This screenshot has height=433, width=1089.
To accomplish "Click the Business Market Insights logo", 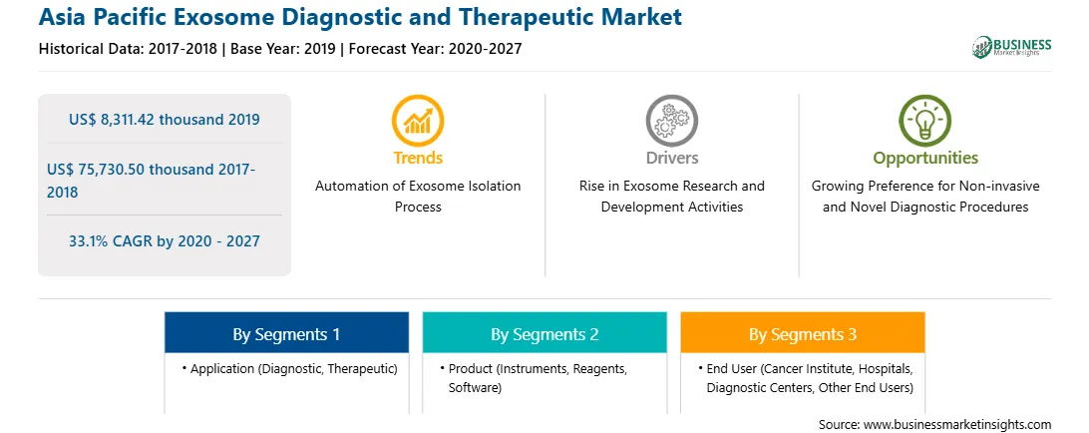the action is tap(1011, 47).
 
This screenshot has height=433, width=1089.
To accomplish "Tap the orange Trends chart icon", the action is tap(418, 121).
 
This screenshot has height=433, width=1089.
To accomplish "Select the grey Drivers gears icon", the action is tap(671, 121).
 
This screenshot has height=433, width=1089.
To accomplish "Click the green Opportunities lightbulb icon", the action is tap(925, 121).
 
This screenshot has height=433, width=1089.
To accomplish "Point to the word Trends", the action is tap(418, 158).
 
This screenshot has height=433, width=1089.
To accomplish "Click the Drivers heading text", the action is tap(672, 158).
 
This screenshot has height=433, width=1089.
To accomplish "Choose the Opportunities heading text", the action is tap(925, 159).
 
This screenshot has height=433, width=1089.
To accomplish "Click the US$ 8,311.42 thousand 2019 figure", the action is tap(164, 120).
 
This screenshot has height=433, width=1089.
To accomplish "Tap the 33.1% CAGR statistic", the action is tap(164, 241).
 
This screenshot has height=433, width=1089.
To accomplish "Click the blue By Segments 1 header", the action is tap(286, 334).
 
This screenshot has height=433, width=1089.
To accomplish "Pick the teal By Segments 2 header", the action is tap(544, 334).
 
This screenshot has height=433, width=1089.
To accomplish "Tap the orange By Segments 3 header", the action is tap(803, 334).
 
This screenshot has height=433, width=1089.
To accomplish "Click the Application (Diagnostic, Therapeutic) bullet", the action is tap(289, 369).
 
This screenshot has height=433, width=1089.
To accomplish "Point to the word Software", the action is tap(475, 387).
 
